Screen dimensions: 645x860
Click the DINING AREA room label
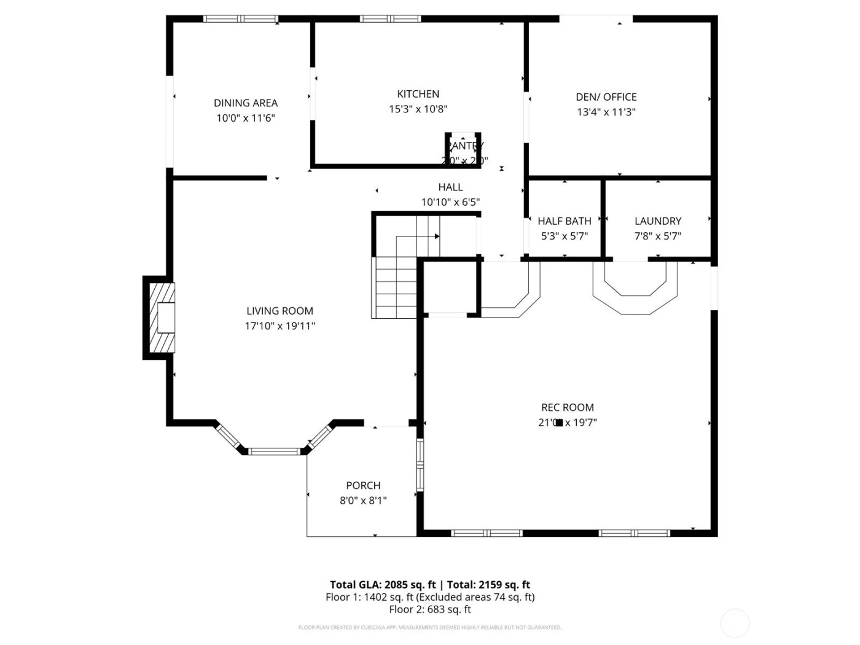(246, 103)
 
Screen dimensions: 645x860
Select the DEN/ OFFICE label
(606, 97)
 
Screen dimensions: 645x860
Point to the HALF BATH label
(565, 221)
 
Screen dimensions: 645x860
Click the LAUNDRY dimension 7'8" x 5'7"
(658, 236)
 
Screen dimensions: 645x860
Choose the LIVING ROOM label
(279, 311)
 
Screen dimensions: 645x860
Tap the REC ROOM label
(567, 407)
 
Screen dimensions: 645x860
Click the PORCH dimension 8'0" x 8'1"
(363, 501)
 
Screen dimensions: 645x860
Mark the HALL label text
(450, 187)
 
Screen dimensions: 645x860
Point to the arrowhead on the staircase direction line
(437, 236)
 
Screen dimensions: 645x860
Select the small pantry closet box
(463, 149)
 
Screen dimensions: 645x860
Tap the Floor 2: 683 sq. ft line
(430, 609)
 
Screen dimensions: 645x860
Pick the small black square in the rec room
(559, 422)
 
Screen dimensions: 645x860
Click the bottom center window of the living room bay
(274, 451)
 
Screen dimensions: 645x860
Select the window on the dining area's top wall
(241, 19)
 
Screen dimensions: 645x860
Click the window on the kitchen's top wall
(390, 19)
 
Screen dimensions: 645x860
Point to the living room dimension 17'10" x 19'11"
(279, 326)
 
